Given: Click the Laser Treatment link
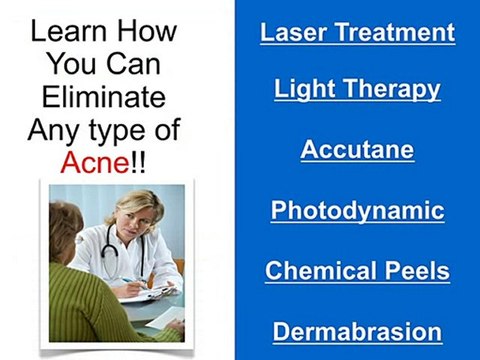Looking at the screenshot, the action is point(358,33).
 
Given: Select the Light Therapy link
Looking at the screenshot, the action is point(357,89).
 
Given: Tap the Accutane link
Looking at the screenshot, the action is point(357,150).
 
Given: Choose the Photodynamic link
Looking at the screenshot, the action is point(358,211).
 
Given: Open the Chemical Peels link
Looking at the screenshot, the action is point(357,271).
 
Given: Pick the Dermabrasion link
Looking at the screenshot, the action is point(357,332).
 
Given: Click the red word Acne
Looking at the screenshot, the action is point(95,162).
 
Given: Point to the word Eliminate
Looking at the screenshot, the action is point(104,97).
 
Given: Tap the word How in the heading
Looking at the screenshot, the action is point(146,31).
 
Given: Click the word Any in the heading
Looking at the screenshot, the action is point(54,130).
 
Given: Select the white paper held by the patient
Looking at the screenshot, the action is point(166,317).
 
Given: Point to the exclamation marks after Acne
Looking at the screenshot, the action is point(138,162).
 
